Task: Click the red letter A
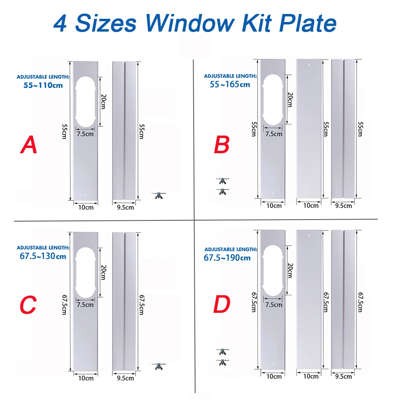click(x=29, y=145)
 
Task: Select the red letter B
click(x=222, y=145)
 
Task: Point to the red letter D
click(x=222, y=305)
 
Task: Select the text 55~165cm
click(x=230, y=84)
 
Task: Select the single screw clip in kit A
click(x=158, y=195)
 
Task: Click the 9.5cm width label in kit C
click(x=125, y=377)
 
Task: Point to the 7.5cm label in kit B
click(x=274, y=134)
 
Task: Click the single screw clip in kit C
click(x=158, y=366)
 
